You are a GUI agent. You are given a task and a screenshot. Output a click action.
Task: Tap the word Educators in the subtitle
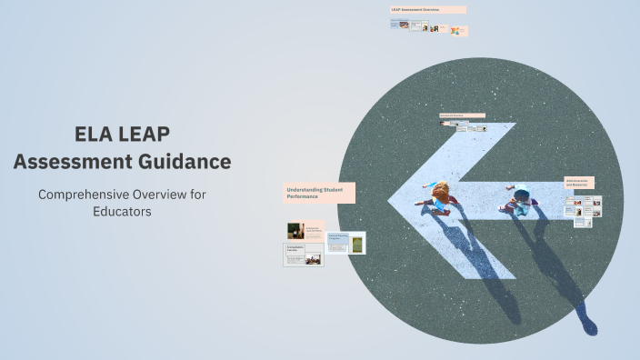[x=122, y=211]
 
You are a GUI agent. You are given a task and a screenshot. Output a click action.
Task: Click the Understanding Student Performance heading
[x=317, y=192]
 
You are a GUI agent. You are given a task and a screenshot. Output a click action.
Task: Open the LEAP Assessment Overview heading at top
[x=427, y=10]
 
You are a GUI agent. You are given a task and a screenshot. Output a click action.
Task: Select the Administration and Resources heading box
[x=579, y=183]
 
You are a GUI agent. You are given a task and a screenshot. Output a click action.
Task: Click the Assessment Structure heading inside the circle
[x=462, y=115]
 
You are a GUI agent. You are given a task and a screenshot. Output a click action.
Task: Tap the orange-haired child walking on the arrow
[x=442, y=193]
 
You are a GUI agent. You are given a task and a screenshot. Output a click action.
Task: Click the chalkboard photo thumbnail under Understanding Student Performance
[x=295, y=231]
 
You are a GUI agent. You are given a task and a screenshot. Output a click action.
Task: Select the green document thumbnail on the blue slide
[x=357, y=244]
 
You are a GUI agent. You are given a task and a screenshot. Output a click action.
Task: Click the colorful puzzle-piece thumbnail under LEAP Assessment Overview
[x=455, y=30]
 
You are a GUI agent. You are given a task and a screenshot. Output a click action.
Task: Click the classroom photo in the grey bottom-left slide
[x=313, y=259]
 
